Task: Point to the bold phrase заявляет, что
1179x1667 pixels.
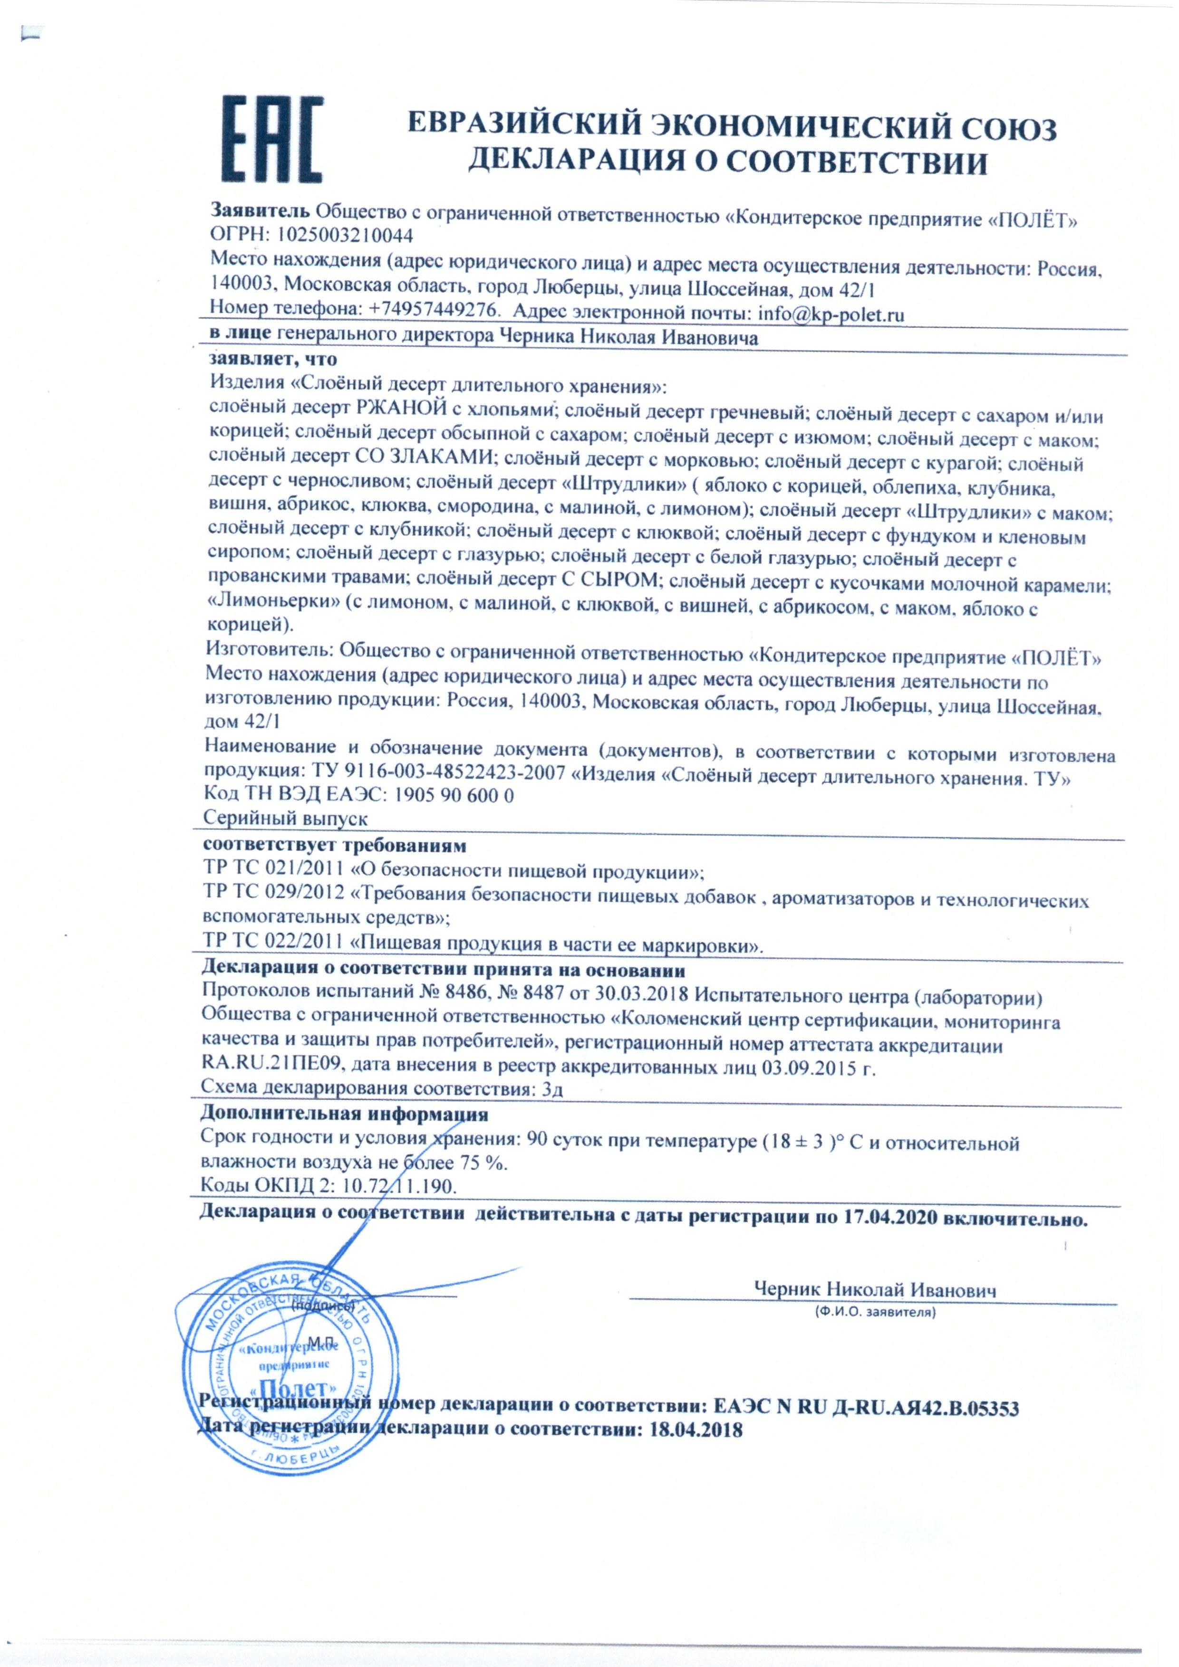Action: point(273,360)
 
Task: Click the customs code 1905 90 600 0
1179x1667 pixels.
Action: point(453,795)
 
